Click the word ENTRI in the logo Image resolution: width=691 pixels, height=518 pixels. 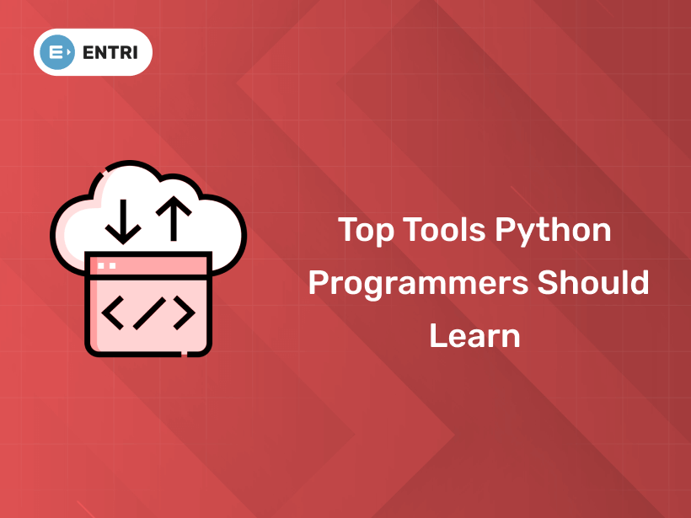click(x=111, y=52)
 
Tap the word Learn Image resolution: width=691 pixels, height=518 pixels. click(x=474, y=335)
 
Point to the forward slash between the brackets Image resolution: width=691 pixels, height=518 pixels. click(x=148, y=313)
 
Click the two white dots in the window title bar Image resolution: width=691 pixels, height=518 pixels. click(x=106, y=265)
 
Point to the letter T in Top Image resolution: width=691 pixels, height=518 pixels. click(x=347, y=230)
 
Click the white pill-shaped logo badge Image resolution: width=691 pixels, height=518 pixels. click(x=93, y=52)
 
